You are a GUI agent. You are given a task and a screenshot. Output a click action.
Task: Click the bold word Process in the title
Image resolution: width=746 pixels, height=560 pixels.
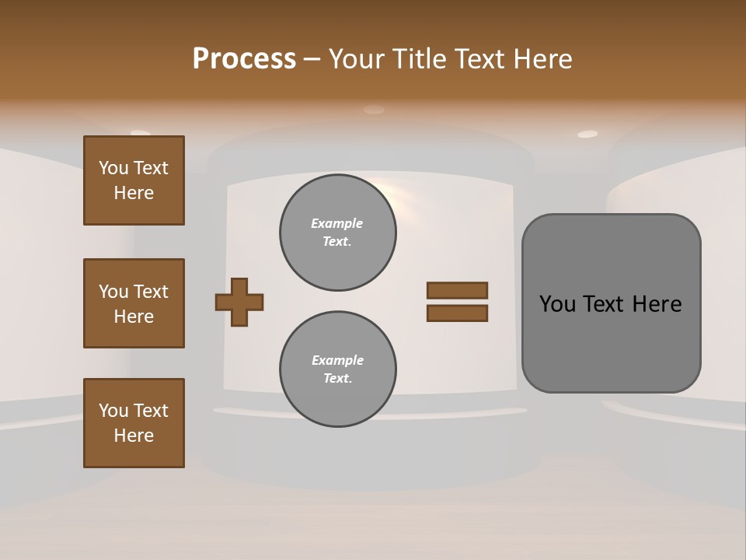[x=244, y=59]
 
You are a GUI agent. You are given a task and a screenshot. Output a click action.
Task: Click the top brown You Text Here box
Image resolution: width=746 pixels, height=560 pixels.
[x=134, y=180]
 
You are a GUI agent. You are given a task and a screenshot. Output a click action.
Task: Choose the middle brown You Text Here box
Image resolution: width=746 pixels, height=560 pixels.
[x=134, y=303]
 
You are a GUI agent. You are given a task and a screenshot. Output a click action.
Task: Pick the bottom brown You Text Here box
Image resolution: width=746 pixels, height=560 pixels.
[x=134, y=423]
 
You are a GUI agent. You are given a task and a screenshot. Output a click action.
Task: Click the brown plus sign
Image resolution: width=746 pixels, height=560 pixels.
[x=239, y=302]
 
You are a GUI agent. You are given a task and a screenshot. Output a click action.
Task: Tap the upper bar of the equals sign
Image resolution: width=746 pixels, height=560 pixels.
[x=457, y=290]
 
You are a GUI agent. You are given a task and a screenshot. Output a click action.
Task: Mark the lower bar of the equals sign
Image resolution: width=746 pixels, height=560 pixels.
[x=457, y=313]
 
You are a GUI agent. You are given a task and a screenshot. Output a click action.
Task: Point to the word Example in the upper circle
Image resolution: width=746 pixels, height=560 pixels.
[x=337, y=223]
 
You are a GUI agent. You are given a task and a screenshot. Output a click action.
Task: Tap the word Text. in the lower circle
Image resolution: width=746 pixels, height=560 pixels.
[x=337, y=379]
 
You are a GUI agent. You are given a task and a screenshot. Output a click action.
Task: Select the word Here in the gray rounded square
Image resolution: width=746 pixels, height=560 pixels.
[x=657, y=304]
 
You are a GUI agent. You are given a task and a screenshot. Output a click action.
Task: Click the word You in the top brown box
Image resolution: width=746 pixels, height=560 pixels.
[x=113, y=168]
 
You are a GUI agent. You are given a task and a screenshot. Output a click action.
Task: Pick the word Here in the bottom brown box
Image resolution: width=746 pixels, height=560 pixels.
[x=134, y=436]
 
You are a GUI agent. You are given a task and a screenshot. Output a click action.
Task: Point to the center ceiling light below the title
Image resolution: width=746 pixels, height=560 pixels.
[x=374, y=110]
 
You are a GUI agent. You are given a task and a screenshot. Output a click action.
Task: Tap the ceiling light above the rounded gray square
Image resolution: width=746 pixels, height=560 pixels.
[x=587, y=134]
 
